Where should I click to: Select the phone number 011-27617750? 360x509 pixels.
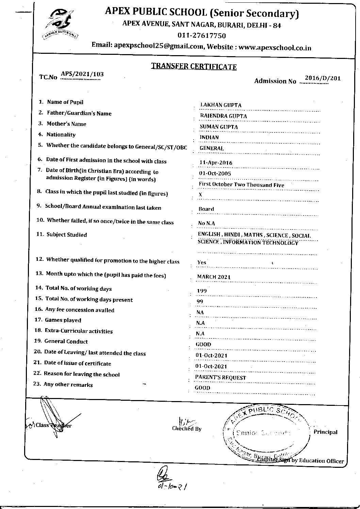[x=201, y=36]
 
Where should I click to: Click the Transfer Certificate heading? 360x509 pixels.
[x=194, y=66]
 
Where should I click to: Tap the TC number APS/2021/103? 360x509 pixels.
[x=82, y=74]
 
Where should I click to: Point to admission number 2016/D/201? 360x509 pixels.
[x=322, y=78]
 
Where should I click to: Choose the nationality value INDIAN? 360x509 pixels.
[x=209, y=137]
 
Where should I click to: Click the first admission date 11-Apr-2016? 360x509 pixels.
[x=216, y=162]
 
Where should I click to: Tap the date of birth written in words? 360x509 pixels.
[x=241, y=185]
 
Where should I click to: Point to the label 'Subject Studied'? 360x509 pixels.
[x=67, y=235]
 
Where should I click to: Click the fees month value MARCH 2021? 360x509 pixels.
[x=214, y=277]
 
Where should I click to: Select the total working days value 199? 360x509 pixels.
[x=202, y=291]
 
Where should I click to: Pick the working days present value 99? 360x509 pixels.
[x=200, y=302]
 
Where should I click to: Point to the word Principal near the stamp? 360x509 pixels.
[x=325, y=432]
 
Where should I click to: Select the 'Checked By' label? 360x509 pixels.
[x=187, y=429]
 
